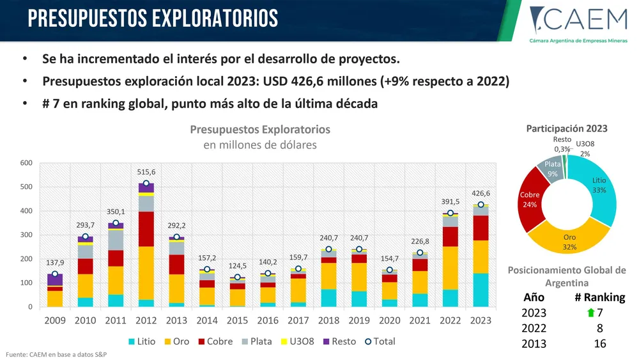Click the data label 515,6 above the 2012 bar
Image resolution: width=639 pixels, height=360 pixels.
(x=146, y=172)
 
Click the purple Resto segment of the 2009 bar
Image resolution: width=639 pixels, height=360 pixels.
(x=55, y=280)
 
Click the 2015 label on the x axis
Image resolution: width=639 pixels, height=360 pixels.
(x=238, y=319)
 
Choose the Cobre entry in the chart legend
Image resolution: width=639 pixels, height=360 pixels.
(x=216, y=341)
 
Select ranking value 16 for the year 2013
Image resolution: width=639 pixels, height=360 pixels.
(x=598, y=344)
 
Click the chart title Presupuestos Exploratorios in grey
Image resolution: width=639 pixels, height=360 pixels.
(x=260, y=130)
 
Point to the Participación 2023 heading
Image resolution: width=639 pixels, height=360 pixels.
(x=566, y=129)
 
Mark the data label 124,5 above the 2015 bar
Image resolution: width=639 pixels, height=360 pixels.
(x=238, y=265)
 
